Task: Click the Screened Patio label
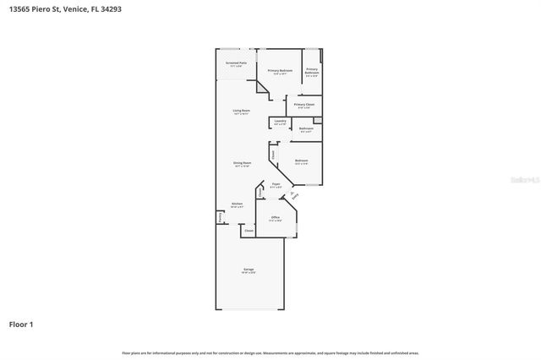pyautogui.click(x=236, y=63)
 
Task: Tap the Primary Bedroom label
pyautogui.click(x=280, y=72)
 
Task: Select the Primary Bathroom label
pyautogui.click(x=311, y=71)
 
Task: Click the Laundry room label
pyautogui.click(x=280, y=123)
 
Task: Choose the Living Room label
pyautogui.click(x=241, y=112)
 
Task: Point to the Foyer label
pyautogui.click(x=276, y=184)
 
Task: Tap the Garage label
pyautogui.click(x=249, y=270)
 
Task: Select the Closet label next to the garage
pyautogui.click(x=249, y=231)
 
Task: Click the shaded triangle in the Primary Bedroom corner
pyautogui.click(x=263, y=86)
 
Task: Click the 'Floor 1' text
pyautogui.click(x=21, y=324)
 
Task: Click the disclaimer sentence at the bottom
pyautogui.click(x=270, y=352)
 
